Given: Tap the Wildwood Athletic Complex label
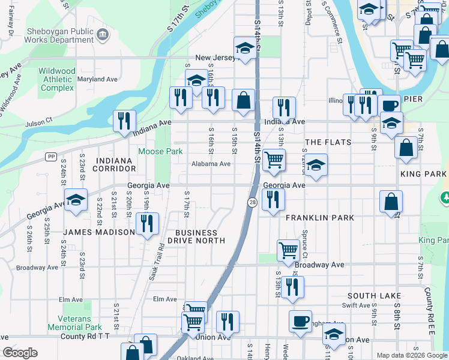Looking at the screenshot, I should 57,79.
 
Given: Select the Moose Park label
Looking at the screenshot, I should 160,151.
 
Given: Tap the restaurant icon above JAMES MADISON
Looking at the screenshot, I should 147,223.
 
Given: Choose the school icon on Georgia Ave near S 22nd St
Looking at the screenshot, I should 76,200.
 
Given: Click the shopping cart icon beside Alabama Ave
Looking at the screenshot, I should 274,160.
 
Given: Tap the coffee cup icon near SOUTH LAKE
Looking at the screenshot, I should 300,320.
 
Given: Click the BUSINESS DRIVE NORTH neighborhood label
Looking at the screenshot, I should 196,236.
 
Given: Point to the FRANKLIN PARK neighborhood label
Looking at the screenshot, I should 320,218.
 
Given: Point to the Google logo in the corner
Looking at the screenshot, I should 20,353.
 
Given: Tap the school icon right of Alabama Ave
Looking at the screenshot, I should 315,165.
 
